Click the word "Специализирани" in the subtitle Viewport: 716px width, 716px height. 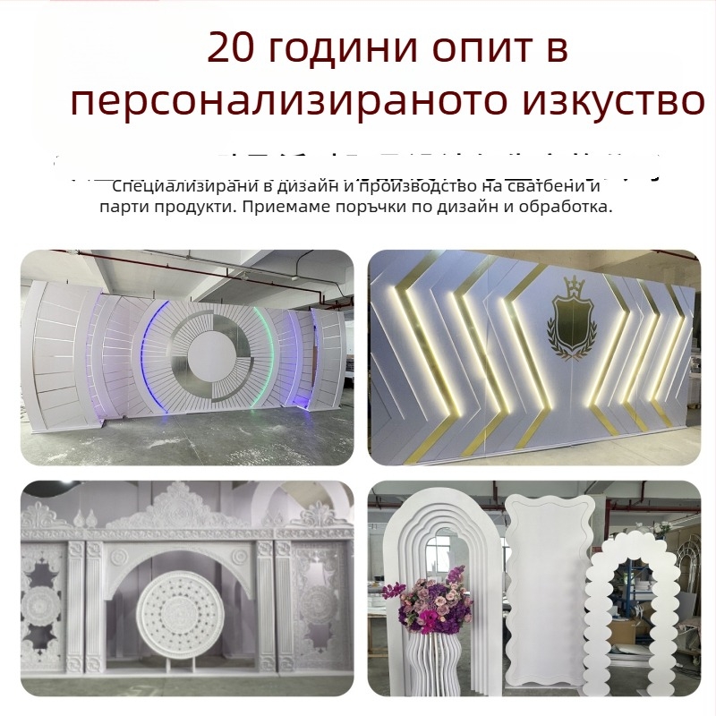[169, 187]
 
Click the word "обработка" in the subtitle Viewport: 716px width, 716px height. [565, 207]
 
